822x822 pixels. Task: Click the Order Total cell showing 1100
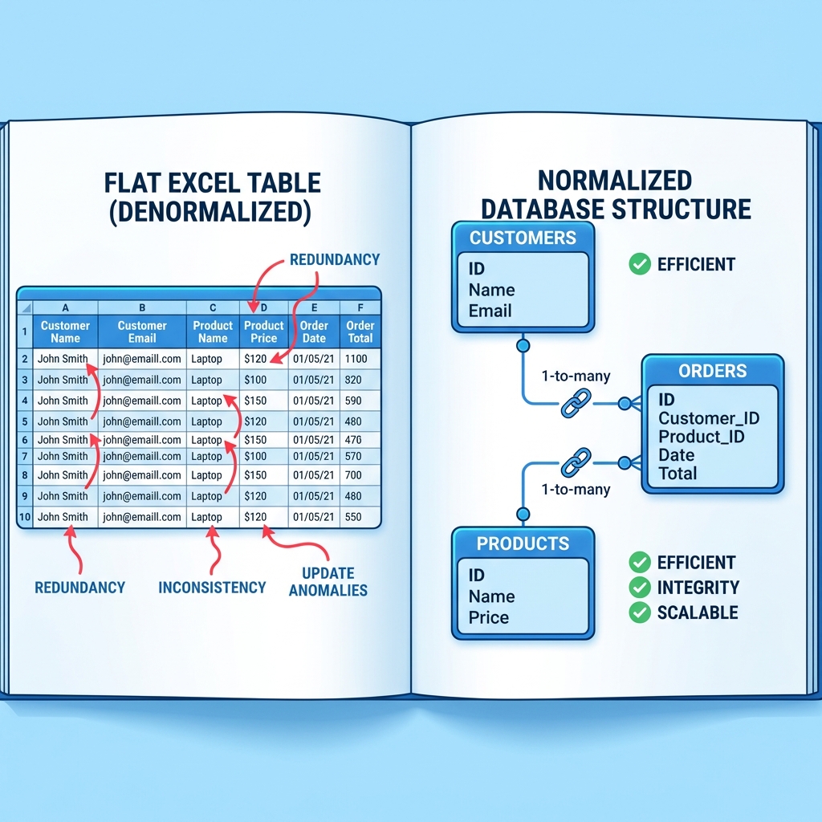click(356, 359)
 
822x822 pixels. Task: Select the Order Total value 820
click(354, 380)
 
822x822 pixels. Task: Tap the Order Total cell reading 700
click(354, 475)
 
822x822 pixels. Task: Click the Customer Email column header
click(142, 332)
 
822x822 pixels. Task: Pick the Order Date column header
click(314, 332)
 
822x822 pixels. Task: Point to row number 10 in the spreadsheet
click(25, 517)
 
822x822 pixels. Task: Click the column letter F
click(360, 307)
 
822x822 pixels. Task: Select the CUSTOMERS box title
click(523, 238)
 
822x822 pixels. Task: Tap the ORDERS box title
click(712, 371)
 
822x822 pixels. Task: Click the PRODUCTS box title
click(523, 543)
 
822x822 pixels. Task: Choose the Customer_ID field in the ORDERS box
click(709, 418)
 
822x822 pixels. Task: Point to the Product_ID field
click(702, 437)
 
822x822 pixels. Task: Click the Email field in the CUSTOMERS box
click(490, 311)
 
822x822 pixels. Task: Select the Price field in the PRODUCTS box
click(489, 617)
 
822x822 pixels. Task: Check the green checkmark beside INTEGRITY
click(640, 588)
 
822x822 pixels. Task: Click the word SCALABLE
click(698, 612)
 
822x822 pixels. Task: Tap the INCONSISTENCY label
click(212, 588)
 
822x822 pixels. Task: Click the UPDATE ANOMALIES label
click(328, 582)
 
